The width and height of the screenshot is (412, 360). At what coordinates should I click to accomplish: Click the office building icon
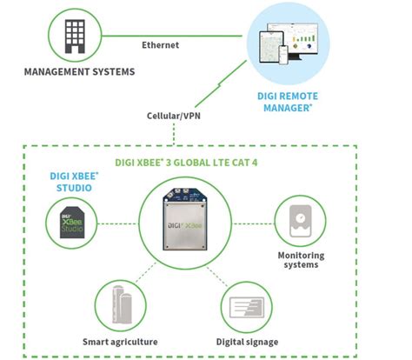click(75, 37)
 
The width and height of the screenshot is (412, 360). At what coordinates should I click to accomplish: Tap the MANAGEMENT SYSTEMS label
click(79, 72)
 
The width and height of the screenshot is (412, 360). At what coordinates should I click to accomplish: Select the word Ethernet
click(160, 45)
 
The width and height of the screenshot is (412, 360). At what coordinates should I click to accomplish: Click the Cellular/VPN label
click(174, 116)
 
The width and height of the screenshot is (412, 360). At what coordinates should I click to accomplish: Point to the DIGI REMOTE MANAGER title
click(288, 102)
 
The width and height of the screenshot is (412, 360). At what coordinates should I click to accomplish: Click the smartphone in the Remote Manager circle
click(283, 55)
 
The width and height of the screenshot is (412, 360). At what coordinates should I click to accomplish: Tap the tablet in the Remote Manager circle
click(271, 47)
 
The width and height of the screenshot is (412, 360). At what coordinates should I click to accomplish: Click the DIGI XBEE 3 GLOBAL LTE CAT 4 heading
click(186, 163)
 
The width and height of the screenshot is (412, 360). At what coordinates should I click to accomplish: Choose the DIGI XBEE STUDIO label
click(74, 182)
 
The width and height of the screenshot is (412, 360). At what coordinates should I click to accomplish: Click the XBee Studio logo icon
click(72, 223)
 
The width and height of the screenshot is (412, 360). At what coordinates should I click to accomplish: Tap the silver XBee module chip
click(185, 219)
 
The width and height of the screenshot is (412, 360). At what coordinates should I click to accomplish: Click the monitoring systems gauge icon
click(301, 221)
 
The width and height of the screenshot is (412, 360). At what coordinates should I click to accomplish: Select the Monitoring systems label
click(301, 260)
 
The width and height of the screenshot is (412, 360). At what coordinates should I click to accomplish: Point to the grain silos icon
click(122, 304)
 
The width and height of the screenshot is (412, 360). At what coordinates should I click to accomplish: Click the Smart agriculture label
click(120, 342)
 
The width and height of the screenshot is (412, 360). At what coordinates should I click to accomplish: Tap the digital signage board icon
click(247, 307)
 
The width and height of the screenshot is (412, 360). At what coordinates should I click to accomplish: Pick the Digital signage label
click(247, 342)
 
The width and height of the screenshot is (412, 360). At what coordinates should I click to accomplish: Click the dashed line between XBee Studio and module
click(118, 223)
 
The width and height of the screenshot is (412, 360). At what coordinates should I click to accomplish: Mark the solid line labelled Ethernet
click(172, 36)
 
